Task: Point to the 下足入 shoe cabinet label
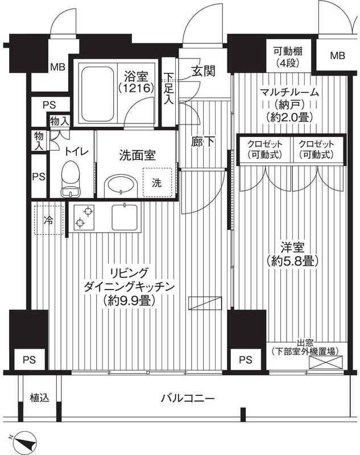pos(169,89)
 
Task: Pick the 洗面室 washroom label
pos(137,154)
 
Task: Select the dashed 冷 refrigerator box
pos(49,218)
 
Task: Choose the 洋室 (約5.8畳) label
pos(292,254)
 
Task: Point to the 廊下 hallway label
pos(202,142)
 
